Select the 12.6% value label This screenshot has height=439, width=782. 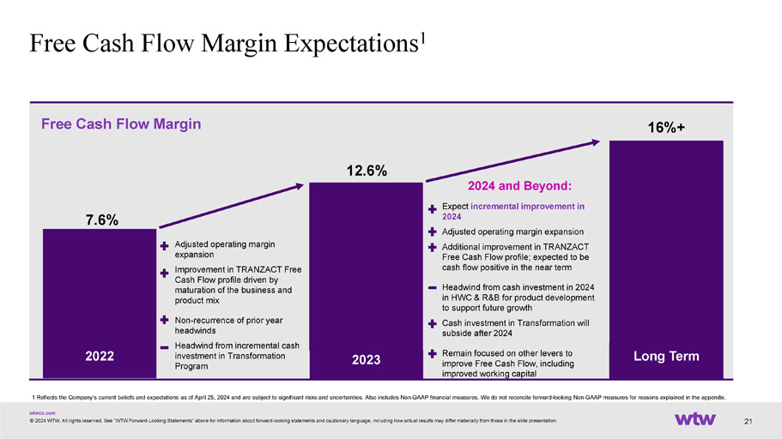366,171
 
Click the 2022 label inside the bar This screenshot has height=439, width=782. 99,355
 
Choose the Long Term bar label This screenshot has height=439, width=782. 665,355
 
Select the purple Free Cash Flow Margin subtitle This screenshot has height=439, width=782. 121,124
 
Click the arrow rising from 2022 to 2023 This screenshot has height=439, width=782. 231,205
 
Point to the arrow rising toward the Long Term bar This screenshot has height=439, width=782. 512,160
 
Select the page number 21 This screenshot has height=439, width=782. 749,420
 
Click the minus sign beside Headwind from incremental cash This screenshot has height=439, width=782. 163,348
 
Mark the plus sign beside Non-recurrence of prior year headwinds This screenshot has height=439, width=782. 163,319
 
